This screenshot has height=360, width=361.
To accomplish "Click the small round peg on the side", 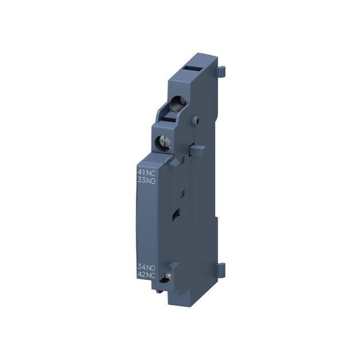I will tap(195, 120).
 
